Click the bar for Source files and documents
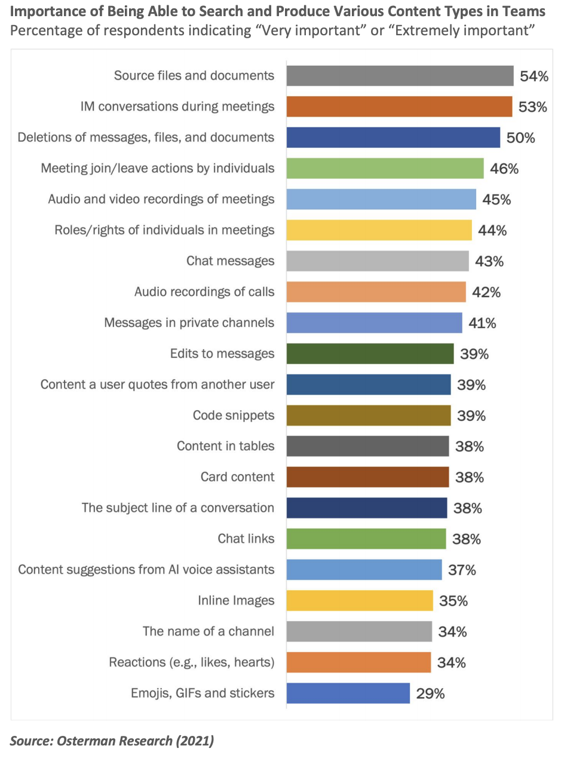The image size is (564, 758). [400, 76]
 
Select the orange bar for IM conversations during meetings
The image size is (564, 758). [399, 106]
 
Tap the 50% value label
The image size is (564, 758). [520, 137]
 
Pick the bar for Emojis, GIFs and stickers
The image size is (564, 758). [348, 693]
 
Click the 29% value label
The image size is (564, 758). [430, 693]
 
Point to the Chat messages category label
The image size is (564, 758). [230, 261]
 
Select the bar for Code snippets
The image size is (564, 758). [368, 415]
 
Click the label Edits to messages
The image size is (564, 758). [222, 353]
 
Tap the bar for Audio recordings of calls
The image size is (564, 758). [376, 292]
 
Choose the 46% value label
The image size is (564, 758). [504, 169]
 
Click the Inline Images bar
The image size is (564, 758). [359, 600]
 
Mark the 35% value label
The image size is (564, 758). [453, 601]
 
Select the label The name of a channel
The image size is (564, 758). [209, 631]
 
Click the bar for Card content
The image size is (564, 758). [367, 477]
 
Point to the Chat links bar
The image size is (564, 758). [366, 539]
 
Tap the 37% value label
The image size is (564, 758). [462, 570]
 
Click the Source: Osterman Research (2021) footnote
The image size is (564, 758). [112, 741]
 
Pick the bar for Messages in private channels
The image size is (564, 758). [374, 323]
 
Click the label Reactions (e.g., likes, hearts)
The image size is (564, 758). [191, 662]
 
